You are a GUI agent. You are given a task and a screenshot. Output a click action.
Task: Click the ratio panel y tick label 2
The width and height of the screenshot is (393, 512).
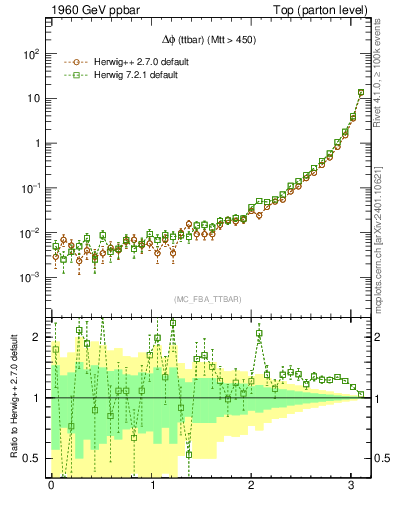(36, 337)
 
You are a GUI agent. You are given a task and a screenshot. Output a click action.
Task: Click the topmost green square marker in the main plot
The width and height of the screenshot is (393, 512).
(361, 93)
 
